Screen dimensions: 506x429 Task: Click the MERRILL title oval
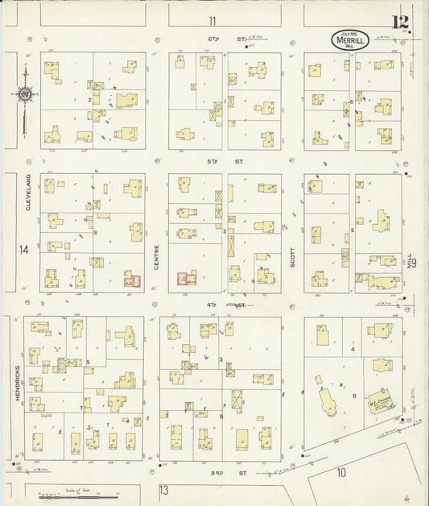[x=349, y=39]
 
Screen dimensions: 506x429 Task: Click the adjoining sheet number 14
[x=24, y=250]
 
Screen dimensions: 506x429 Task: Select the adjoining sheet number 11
[x=212, y=21]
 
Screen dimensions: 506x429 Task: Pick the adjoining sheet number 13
[x=164, y=490]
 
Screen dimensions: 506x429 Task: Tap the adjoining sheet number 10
[x=341, y=472]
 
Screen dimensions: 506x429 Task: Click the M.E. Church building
[x=379, y=403]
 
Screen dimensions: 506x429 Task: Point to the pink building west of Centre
[x=132, y=280]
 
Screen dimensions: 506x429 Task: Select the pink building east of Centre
[x=188, y=280]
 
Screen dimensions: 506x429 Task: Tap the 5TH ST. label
[x=213, y=161]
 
